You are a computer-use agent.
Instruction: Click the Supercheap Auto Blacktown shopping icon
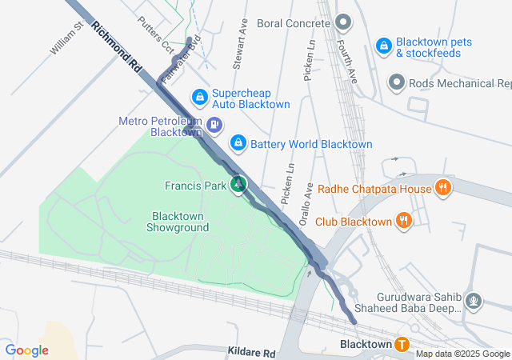pyautogui.click(x=199, y=98)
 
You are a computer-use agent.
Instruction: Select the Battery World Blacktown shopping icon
pyautogui.click(x=238, y=143)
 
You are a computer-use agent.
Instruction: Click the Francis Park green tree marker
pyautogui.click(x=238, y=186)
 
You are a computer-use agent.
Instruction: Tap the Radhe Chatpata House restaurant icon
pyautogui.click(x=443, y=189)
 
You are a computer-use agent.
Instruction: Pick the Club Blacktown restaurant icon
pyautogui.click(x=404, y=221)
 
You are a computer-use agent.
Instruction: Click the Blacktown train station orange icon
pyautogui.click(x=402, y=345)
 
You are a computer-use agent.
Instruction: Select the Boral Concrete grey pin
pyautogui.click(x=343, y=22)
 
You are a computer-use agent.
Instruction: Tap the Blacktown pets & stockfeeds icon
pyautogui.click(x=384, y=46)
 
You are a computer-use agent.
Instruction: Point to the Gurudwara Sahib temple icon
pyautogui.click(x=474, y=301)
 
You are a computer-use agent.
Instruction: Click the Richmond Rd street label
pyautogui.click(x=117, y=49)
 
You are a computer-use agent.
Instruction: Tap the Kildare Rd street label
pyautogui.click(x=251, y=353)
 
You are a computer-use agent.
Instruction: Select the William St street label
pyautogui.click(x=66, y=38)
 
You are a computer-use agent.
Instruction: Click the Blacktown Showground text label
pyautogui.click(x=178, y=222)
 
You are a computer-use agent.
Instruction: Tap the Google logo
pyautogui.click(x=26, y=350)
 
